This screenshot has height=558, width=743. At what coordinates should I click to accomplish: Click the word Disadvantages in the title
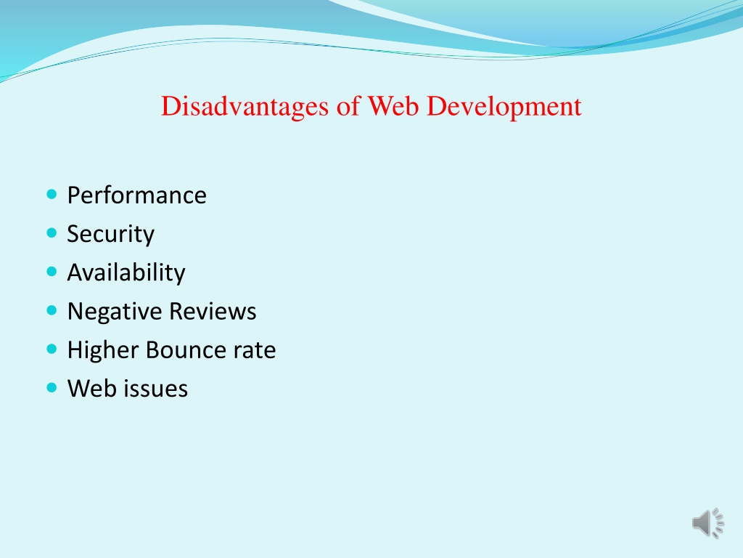point(245,106)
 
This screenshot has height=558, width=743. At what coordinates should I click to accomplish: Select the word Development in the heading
point(504,107)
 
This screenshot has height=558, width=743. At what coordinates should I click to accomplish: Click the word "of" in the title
point(348,106)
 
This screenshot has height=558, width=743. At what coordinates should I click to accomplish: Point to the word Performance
point(137,195)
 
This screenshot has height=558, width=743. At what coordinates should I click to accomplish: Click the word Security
point(111,234)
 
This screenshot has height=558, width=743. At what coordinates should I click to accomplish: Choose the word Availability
point(126,273)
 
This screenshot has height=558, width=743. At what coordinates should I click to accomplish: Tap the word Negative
point(115,312)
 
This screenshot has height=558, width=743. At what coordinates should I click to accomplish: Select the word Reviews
point(213,311)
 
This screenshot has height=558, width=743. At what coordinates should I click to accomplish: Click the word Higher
point(103,350)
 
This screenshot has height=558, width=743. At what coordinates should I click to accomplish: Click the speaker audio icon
point(708,523)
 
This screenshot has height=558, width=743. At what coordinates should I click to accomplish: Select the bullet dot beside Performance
point(52,194)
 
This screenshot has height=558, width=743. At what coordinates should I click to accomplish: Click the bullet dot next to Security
point(52,233)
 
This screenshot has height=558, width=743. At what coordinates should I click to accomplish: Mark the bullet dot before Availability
point(52,272)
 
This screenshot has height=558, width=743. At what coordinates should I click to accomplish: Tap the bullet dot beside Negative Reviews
point(52,311)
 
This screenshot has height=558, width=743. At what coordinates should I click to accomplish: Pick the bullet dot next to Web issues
point(52,388)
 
